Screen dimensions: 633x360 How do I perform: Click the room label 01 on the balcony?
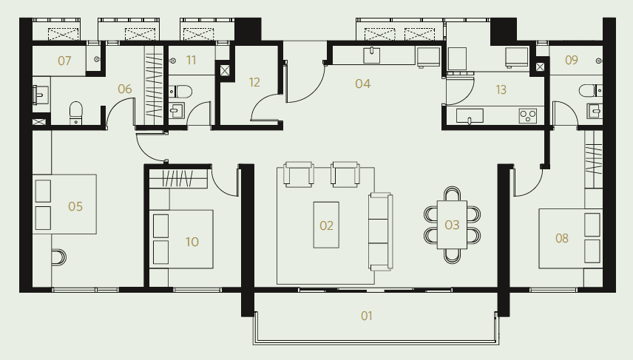[x=366, y=316]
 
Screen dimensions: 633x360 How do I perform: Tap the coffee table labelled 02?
[x=326, y=225]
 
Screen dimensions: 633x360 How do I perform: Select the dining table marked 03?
[x=452, y=225]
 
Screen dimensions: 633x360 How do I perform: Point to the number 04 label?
[x=362, y=84]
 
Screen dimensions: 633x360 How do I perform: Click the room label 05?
[x=75, y=206]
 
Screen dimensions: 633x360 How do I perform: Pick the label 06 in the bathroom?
[x=125, y=89]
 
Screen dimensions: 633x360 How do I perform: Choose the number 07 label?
[x=64, y=61]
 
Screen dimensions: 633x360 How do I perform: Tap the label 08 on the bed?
[x=561, y=238]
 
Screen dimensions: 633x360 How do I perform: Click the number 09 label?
[x=571, y=60]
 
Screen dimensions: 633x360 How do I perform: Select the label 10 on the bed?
[x=192, y=242]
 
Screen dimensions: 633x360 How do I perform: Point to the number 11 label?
[x=191, y=60]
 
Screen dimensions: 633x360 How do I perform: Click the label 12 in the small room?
[x=254, y=82]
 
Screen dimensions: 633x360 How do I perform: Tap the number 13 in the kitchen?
[x=501, y=89]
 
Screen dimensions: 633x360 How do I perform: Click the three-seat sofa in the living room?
[x=381, y=231]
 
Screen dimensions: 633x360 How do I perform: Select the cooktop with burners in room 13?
[x=528, y=116]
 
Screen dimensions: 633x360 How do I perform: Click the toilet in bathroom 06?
[x=76, y=113]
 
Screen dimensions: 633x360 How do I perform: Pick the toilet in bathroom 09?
[x=590, y=90]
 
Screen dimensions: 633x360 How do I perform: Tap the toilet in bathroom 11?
[x=180, y=92]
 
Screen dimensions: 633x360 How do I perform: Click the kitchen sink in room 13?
[x=470, y=116]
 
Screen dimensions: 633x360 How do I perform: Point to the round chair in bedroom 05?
[x=59, y=257]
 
